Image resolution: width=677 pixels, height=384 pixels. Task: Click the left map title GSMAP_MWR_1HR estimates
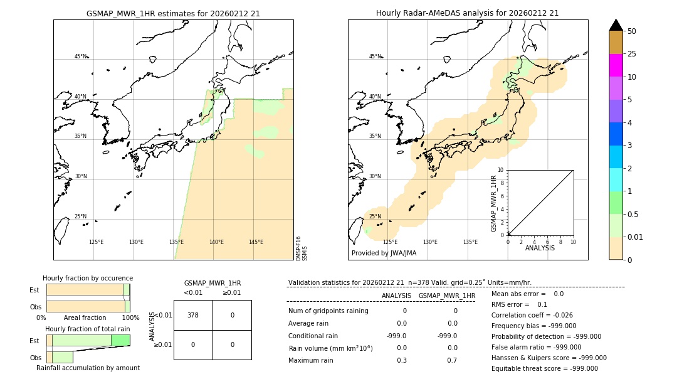coord(173,13)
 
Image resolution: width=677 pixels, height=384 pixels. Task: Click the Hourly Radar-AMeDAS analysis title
coord(467,13)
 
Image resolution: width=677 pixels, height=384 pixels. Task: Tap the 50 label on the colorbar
coord(632,31)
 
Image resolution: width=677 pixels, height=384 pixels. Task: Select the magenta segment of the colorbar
coord(616,65)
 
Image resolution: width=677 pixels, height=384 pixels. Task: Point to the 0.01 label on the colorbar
coord(636,237)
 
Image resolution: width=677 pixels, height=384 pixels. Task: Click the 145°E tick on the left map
coord(256,242)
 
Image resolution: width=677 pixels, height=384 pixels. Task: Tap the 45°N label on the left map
coord(80,56)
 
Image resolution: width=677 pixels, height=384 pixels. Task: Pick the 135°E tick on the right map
coord(470,242)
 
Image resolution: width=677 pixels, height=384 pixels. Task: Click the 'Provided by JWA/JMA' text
coord(384,253)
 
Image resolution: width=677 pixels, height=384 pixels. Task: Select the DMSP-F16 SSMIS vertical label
coord(301,248)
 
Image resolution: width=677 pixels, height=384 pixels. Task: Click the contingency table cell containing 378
coord(193,315)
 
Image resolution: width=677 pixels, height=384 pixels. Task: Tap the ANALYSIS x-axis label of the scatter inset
coord(540,248)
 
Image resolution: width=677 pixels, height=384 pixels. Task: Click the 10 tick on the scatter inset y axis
coord(501,170)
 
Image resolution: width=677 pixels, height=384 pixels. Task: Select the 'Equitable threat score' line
coord(544,369)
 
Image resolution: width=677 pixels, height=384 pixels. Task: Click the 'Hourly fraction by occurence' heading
coord(88,279)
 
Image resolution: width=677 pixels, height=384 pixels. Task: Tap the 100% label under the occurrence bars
coord(130,318)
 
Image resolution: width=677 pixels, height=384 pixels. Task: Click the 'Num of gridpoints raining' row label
coord(328,311)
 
